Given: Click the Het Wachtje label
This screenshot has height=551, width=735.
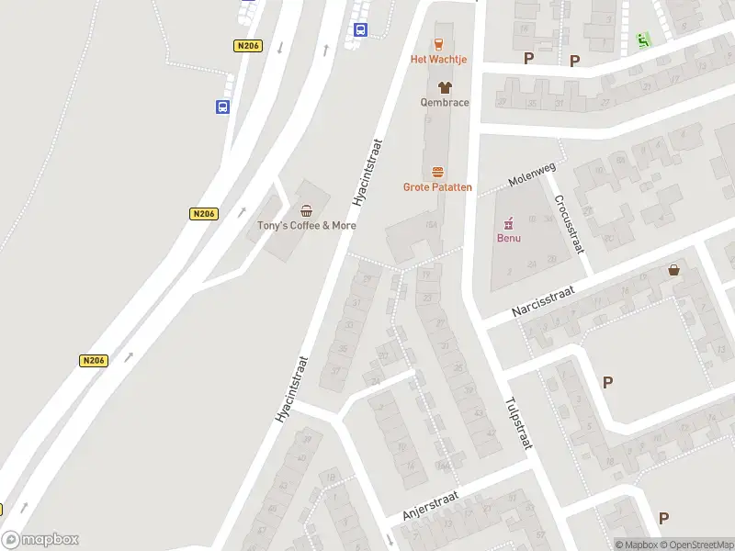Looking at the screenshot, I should point(438,60).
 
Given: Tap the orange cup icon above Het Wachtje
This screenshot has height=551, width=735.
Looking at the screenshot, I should point(438,43).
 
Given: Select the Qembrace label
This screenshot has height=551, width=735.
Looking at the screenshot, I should point(445,102).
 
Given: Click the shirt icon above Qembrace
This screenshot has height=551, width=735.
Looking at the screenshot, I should point(445,87).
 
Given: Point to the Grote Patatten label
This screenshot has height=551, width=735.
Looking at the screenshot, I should point(437,187).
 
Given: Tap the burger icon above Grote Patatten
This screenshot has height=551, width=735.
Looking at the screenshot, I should point(437,172).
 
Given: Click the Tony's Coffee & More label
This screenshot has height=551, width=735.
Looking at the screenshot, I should point(306,226).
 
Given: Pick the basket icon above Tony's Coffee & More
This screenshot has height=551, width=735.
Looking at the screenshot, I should point(306,210).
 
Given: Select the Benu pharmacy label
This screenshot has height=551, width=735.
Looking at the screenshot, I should point(509,239).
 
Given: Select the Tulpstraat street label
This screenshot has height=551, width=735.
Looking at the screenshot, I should point(518,423).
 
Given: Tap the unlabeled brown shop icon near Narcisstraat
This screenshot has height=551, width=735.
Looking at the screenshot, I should point(675,271).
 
